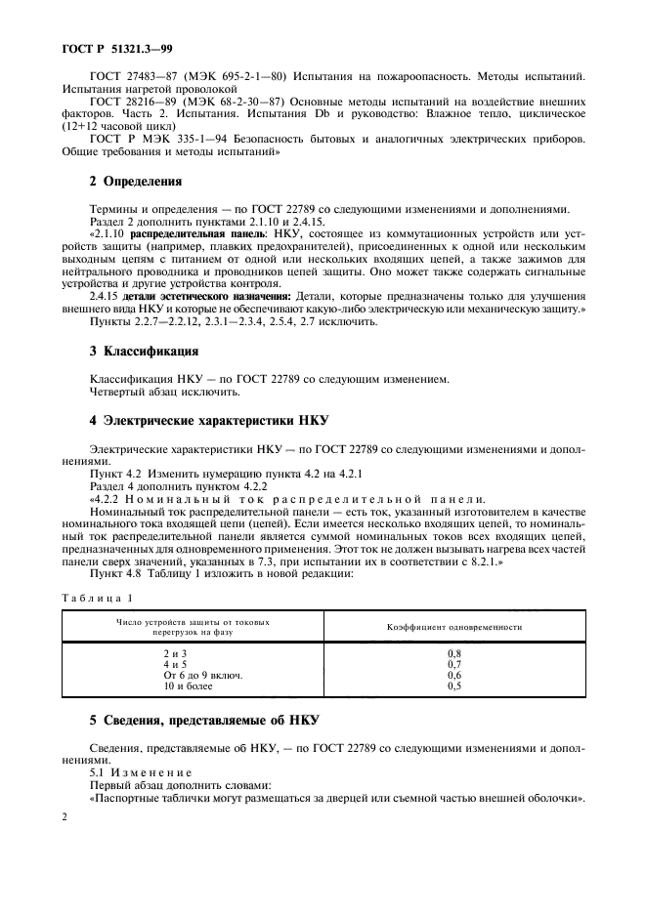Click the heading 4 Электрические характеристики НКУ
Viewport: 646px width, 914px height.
pyautogui.click(x=207, y=420)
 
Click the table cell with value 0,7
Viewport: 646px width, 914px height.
pyautogui.click(x=453, y=663)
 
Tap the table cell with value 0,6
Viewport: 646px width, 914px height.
pyautogui.click(x=453, y=675)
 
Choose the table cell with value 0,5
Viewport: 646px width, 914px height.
pyautogui.click(x=453, y=686)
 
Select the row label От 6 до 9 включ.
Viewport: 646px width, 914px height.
pyautogui.click(x=202, y=675)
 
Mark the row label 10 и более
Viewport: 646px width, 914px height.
pyautogui.click(x=188, y=686)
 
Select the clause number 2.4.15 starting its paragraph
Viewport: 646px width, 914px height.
pyautogui.click(x=106, y=295)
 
